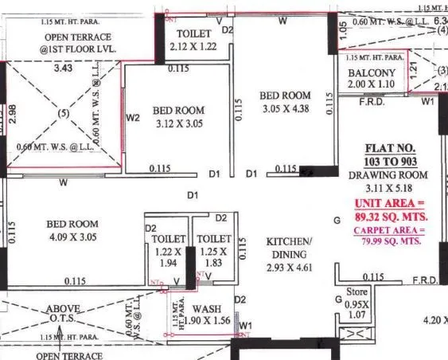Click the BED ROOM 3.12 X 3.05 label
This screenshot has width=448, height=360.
pyautogui.click(x=177, y=117)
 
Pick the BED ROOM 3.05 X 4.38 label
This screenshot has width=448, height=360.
pyautogui.click(x=283, y=101)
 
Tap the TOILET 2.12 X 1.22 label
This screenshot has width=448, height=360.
pyautogui.click(x=193, y=41)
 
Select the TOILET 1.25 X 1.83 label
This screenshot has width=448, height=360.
pyautogui.click(x=214, y=250)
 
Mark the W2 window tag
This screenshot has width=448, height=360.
pyautogui.click(x=133, y=119)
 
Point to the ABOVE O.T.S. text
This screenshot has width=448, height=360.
pyautogui.click(x=62, y=315)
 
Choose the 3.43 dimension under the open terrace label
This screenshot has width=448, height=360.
pyautogui.click(x=62, y=69)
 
